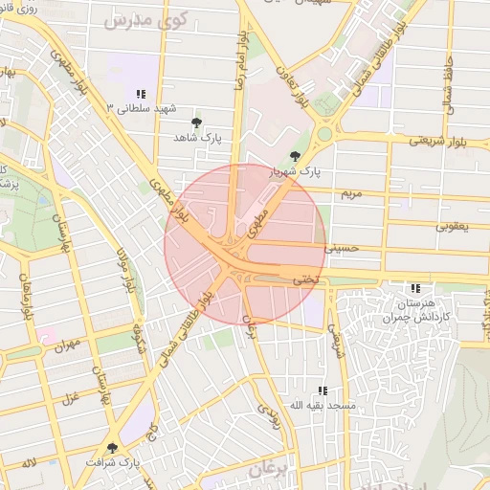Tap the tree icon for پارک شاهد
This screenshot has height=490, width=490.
pyautogui.click(x=197, y=122)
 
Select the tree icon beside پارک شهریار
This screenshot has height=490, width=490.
pyautogui.click(x=294, y=157)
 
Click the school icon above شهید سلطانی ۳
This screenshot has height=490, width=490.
pyautogui.click(x=141, y=94)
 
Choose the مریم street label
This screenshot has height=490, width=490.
pyautogui.click(x=352, y=193)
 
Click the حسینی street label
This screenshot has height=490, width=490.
pyautogui.click(x=340, y=247)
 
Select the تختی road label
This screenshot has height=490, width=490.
pyautogui.click(x=303, y=280)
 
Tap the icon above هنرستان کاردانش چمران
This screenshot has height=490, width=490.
pyautogui.click(x=414, y=288)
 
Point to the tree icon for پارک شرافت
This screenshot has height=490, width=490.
pyautogui.click(x=113, y=447)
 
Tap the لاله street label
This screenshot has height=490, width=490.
pyautogui.click(x=31, y=464)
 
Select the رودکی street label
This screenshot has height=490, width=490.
pyautogui.click(x=273, y=413)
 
